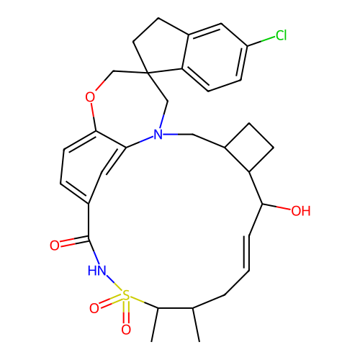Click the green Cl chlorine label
coord(281,35)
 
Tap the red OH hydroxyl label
coord(301,211)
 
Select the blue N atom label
coord(158,135)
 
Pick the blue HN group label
coord(96,271)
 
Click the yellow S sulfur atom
coord(126,295)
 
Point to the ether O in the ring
coord(90,97)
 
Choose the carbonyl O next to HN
coord(55,246)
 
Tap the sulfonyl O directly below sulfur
coord(126,329)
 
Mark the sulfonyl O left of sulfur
coord(94,308)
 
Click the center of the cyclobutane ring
coord(249,148)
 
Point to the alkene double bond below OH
coord(247,253)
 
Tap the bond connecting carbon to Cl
coord(261,41)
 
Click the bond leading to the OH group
coord(276,207)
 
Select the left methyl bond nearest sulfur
coord(155,325)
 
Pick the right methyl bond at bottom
coord(196,325)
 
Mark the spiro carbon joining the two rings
coord(148,72)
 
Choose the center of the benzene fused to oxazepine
coord(92,168)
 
